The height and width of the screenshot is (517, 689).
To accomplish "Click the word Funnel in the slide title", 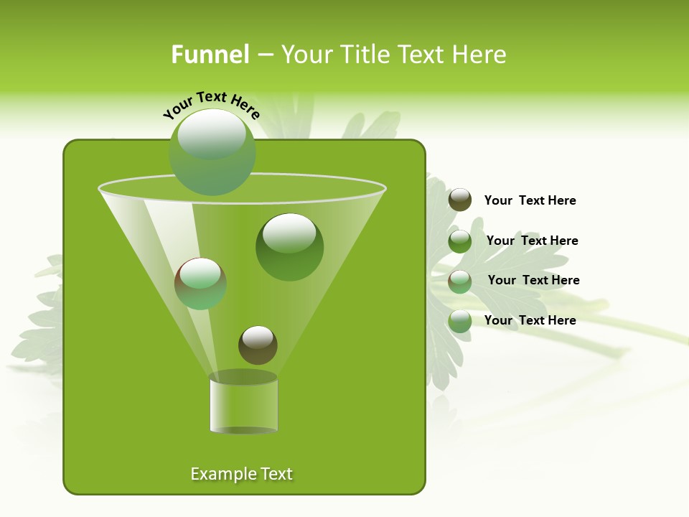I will tap(210, 55).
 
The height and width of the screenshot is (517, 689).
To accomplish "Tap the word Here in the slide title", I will tap(480, 55).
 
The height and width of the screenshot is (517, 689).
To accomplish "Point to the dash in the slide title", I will tap(264, 55).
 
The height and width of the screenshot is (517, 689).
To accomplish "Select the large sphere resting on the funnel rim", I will tap(212, 152).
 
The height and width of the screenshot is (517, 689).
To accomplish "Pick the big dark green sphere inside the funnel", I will tap(289, 246).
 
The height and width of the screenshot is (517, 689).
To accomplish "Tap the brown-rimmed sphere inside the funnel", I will tap(200, 283).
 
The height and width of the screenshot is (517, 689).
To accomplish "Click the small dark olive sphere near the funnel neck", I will tap(258, 345).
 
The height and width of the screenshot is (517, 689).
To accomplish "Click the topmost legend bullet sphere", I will tap(460, 200).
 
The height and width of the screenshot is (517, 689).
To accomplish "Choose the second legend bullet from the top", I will tap(460, 241).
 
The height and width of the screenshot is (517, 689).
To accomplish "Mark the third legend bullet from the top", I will tap(460, 281).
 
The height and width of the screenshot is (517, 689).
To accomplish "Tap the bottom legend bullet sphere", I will tap(460, 321).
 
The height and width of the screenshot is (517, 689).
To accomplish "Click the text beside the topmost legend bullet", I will tap(530, 200).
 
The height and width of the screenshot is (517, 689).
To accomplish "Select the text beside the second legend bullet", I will tap(532, 241).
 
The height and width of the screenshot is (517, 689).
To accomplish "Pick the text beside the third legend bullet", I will tap(533, 280).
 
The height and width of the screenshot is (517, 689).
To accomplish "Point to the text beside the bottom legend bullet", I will tap(530, 320).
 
